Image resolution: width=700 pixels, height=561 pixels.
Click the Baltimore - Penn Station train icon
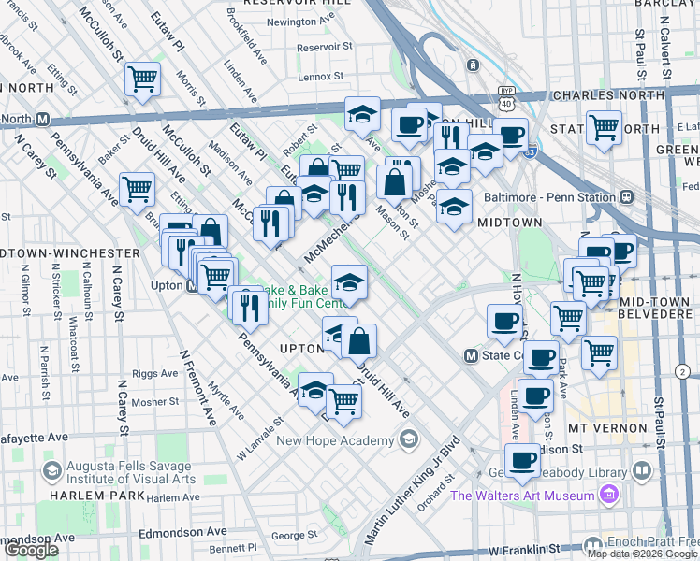(626, 197)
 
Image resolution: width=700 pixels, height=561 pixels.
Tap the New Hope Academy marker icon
(408, 439)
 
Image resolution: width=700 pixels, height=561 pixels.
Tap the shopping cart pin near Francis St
(142, 80)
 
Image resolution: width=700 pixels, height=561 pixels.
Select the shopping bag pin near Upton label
(358, 341)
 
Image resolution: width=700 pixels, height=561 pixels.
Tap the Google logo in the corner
(31, 550)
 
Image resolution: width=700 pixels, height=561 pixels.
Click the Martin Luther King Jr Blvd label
(413, 491)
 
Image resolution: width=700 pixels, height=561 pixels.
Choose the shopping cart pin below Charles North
(604, 127)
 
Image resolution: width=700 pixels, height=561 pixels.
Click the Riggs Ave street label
(154, 372)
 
